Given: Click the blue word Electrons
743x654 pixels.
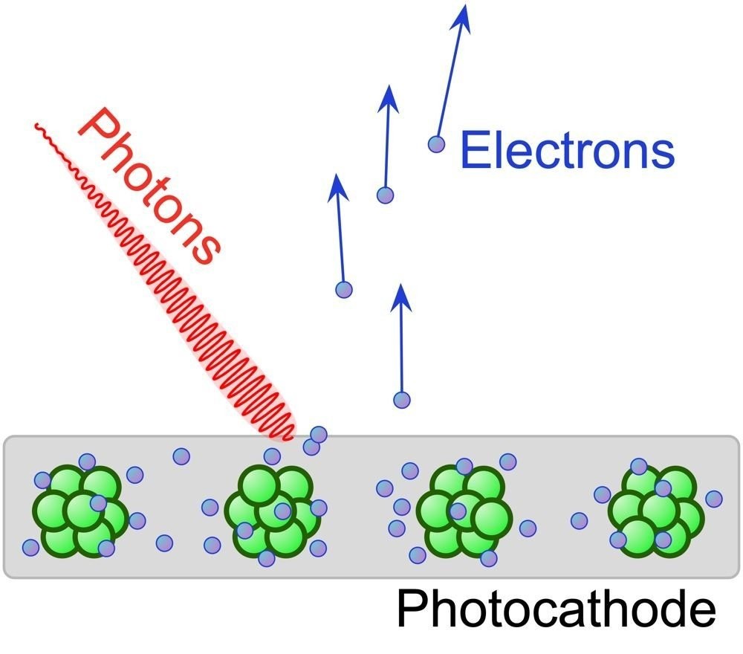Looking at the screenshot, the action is [x=567, y=150].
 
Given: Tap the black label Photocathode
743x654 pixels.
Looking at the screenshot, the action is [x=556, y=608].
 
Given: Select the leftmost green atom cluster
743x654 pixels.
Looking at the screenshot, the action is [x=80, y=511].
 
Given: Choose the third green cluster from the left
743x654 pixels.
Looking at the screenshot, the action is [x=464, y=511].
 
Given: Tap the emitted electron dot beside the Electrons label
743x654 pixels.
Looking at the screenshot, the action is [x=436, y=144].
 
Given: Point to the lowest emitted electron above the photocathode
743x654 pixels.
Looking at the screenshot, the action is [x=402, y=400].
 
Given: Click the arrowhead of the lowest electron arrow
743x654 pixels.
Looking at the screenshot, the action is [x=401, y=297].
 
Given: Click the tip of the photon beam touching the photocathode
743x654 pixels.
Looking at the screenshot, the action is [x=288, y=436].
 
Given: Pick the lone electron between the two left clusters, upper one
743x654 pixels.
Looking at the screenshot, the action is [x=181, y=457].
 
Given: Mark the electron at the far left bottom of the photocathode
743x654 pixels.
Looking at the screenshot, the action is [x=30, y=548].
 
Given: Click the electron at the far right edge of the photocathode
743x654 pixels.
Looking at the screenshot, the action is [x=714, y=499].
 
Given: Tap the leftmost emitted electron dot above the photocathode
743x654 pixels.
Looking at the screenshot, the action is [x=344, y=289].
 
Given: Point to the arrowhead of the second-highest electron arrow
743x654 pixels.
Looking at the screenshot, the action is [x=389, y=99].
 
